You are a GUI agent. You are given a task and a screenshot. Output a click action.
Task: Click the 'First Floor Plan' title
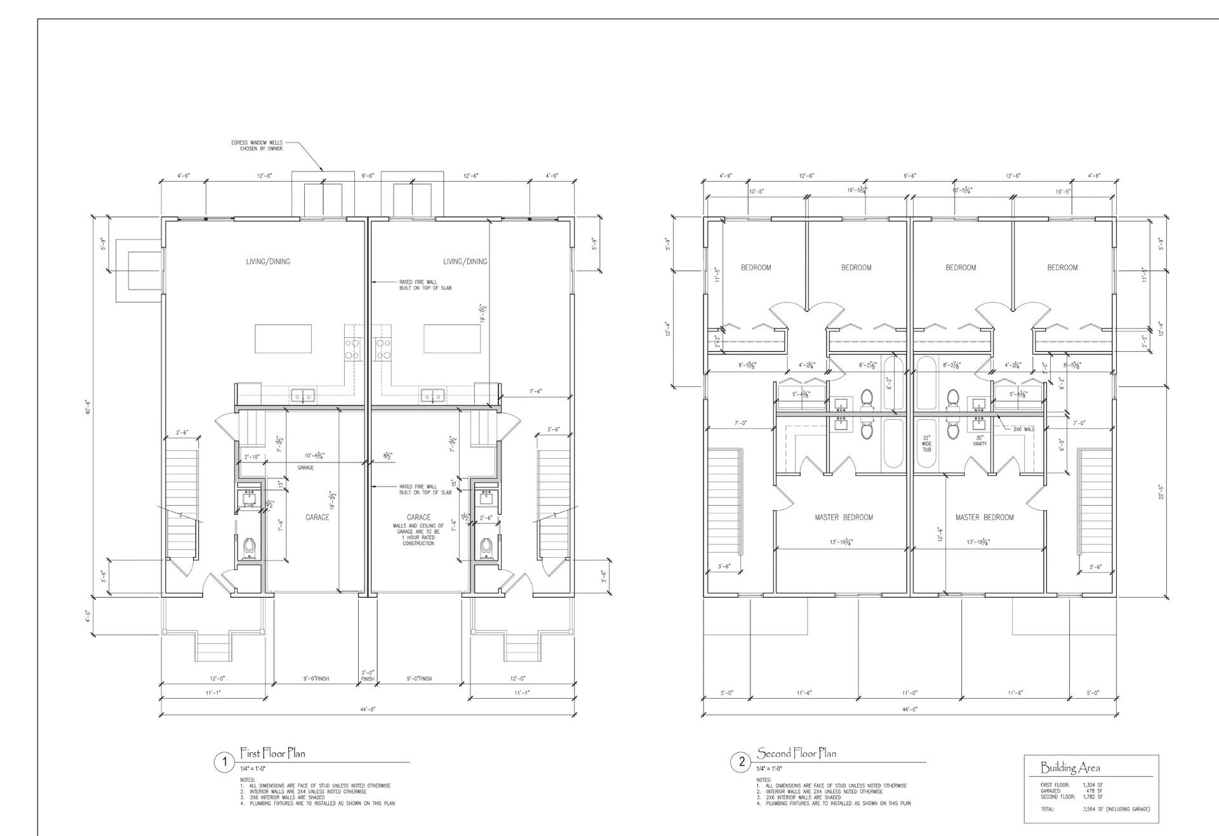pos(272,753)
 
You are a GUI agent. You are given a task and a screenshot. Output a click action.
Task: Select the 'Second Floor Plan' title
pos(796,753)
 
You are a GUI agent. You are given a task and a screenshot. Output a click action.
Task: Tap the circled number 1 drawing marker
pos(223,762)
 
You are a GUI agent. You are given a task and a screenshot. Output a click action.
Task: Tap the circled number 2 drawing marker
pos(741,762)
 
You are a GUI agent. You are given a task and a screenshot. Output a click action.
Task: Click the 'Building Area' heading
pos(1070,768)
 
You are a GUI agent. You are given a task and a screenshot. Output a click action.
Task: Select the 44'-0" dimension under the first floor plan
pos(368,709)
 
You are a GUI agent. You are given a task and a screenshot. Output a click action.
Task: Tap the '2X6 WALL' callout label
pos(1023,429)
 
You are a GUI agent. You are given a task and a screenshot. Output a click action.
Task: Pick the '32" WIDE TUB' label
pos(926,443)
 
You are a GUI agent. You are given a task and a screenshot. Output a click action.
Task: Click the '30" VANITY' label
pos(980,440)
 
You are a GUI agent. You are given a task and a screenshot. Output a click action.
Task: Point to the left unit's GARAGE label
pos(317,518)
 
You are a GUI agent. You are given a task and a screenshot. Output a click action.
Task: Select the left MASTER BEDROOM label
pos(844,518)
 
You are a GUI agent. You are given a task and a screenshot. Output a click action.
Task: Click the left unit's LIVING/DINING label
pos(268,262)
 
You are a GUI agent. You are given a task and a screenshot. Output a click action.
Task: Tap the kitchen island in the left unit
pos(283,339)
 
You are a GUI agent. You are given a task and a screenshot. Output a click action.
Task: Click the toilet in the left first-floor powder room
pos(250,546)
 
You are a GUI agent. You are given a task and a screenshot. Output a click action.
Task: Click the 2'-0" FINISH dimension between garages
pos(368,675)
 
